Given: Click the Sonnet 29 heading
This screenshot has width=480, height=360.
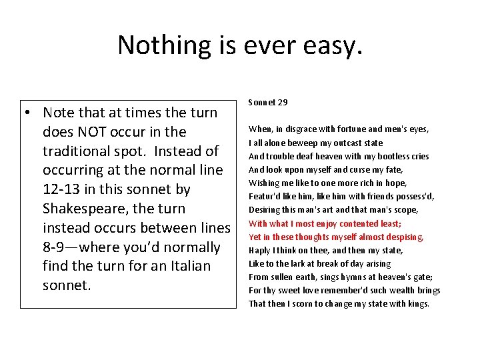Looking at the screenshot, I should tap(268, 103).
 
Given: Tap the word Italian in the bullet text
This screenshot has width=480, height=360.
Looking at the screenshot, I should tap(196, 266).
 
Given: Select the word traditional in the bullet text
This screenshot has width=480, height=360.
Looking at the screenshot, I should tap(81, 151).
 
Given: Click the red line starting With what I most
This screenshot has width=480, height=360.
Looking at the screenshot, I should tap(325, 223).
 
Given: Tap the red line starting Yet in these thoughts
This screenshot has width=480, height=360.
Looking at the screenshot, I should tap(336, 237).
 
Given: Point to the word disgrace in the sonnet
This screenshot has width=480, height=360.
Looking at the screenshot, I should tap(300, 129).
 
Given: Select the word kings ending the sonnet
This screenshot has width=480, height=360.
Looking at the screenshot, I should tap(418, 304).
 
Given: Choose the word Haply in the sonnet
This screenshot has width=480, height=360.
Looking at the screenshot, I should tap(259, 251).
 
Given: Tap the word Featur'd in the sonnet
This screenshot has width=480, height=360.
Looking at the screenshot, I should tap(265, 197).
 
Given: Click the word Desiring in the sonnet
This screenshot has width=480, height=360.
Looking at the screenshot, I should tap(265, 210).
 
